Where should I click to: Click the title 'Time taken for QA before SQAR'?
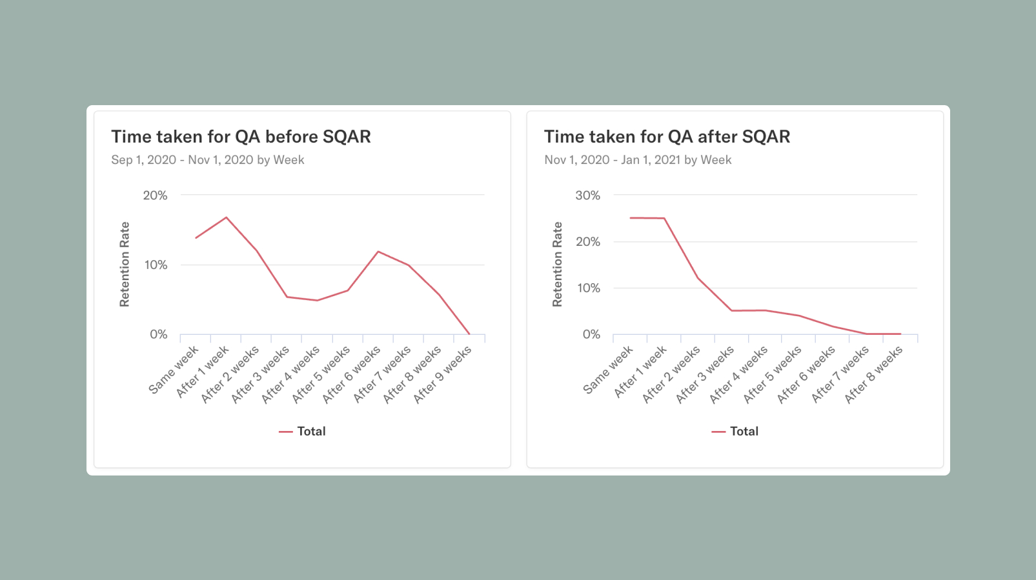(241, 137)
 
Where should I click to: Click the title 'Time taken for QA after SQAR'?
(667, 137)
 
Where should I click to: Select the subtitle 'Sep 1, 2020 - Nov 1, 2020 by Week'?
(207, 160)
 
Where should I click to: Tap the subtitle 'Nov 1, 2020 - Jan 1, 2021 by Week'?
(638, 160)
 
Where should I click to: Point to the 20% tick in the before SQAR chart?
(155, 195)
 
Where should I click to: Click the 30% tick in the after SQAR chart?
(587, 195)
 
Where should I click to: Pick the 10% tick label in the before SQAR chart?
(156, 265)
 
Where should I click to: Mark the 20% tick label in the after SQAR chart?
(587, 242)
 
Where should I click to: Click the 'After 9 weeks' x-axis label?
(443, 374)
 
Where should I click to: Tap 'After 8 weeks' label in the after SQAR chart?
(874, 374)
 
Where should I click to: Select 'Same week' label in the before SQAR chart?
(174, 370)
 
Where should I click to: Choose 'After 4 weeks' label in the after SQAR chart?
(738, 374)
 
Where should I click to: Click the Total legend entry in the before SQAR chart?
(303, 432)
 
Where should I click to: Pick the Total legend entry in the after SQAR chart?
(735, 432)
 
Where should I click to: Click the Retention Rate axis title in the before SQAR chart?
(125, 265)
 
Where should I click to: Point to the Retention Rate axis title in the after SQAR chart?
(557, 265)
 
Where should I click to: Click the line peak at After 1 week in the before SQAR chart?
(226, 217)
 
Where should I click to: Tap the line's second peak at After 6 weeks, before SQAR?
(378, 252)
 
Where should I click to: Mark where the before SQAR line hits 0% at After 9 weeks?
(469, 334)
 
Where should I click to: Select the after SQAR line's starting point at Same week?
(631, 218)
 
